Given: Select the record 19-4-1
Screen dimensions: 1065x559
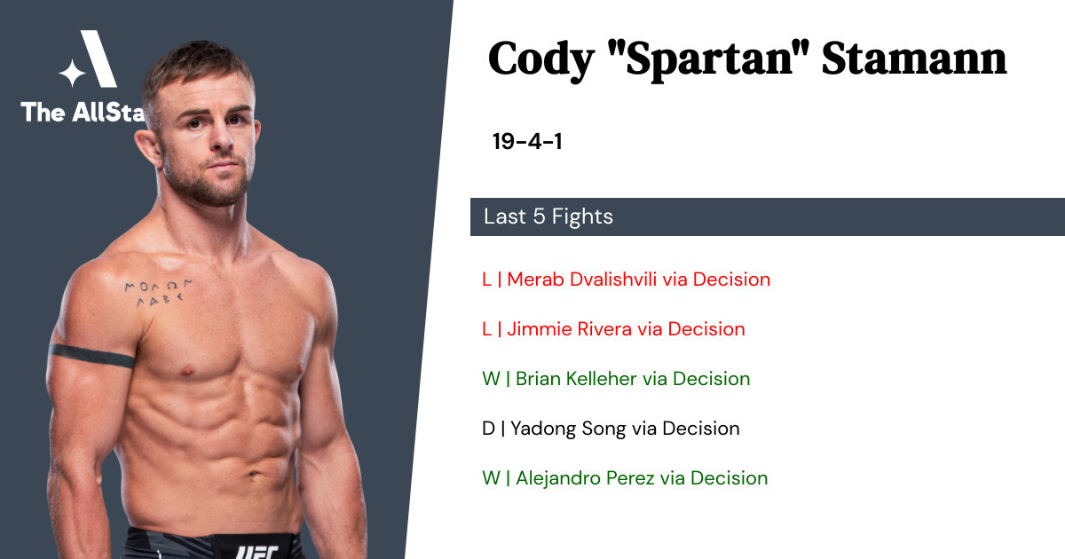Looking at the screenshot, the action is point(527,141).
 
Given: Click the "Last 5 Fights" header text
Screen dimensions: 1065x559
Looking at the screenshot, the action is point(548,217).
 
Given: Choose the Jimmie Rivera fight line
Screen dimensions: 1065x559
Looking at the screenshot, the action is point(613,329).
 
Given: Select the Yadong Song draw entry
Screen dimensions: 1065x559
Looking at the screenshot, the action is point(611,429).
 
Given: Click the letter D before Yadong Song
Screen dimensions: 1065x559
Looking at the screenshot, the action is point(488,429).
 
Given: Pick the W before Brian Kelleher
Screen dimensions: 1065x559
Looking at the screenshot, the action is point(491,379).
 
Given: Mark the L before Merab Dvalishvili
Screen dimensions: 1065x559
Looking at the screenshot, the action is point(486,279).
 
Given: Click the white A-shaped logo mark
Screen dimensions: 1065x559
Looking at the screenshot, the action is point(98,59).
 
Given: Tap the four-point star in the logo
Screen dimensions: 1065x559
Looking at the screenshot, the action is point(72,73).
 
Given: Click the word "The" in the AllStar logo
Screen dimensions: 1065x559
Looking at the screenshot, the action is point(43,113).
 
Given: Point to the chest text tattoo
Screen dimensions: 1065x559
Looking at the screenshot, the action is point(157,292).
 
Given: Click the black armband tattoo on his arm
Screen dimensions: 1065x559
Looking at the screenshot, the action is point(91,356).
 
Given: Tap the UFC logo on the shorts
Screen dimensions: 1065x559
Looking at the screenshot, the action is point(256,552).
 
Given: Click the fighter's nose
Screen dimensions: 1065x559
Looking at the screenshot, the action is point(221,137).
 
